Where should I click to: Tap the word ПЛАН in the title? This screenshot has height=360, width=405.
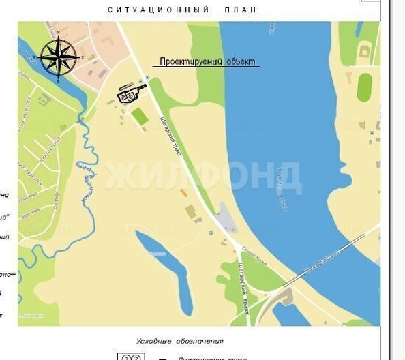pos(241,10)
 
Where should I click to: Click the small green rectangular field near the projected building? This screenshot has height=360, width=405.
pos(140,117)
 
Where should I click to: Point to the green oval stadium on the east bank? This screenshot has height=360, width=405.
pos(364,87)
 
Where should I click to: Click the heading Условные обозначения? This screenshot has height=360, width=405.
pos(179,341)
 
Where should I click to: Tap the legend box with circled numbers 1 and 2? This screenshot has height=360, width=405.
pos(130,357)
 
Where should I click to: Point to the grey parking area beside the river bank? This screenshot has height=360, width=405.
pos(226,220)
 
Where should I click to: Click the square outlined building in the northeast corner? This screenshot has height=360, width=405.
pos(365,52)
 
